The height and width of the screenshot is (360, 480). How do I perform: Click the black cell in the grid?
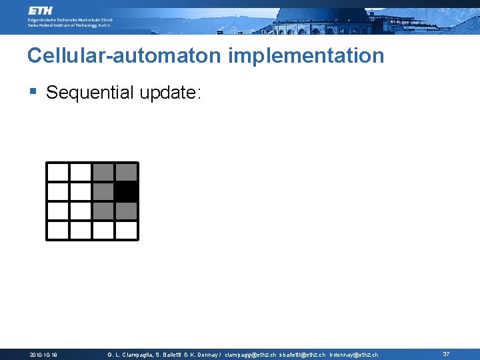click(126, 192)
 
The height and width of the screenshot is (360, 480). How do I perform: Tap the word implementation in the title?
click(306, 55)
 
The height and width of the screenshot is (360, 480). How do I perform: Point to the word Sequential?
click(90, 93)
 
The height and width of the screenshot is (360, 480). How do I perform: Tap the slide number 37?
click(447, 354)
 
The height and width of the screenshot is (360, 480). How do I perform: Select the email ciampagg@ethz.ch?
click(251, 355)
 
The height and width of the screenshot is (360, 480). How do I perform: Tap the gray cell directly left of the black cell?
click(103, 192)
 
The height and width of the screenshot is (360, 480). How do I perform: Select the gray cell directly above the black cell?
click(126, 172)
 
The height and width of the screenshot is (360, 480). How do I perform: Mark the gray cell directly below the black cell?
click(126, 211)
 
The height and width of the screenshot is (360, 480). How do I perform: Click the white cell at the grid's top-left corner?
click(58, 172)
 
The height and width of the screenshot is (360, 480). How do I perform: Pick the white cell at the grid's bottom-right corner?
click(126, 230)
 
